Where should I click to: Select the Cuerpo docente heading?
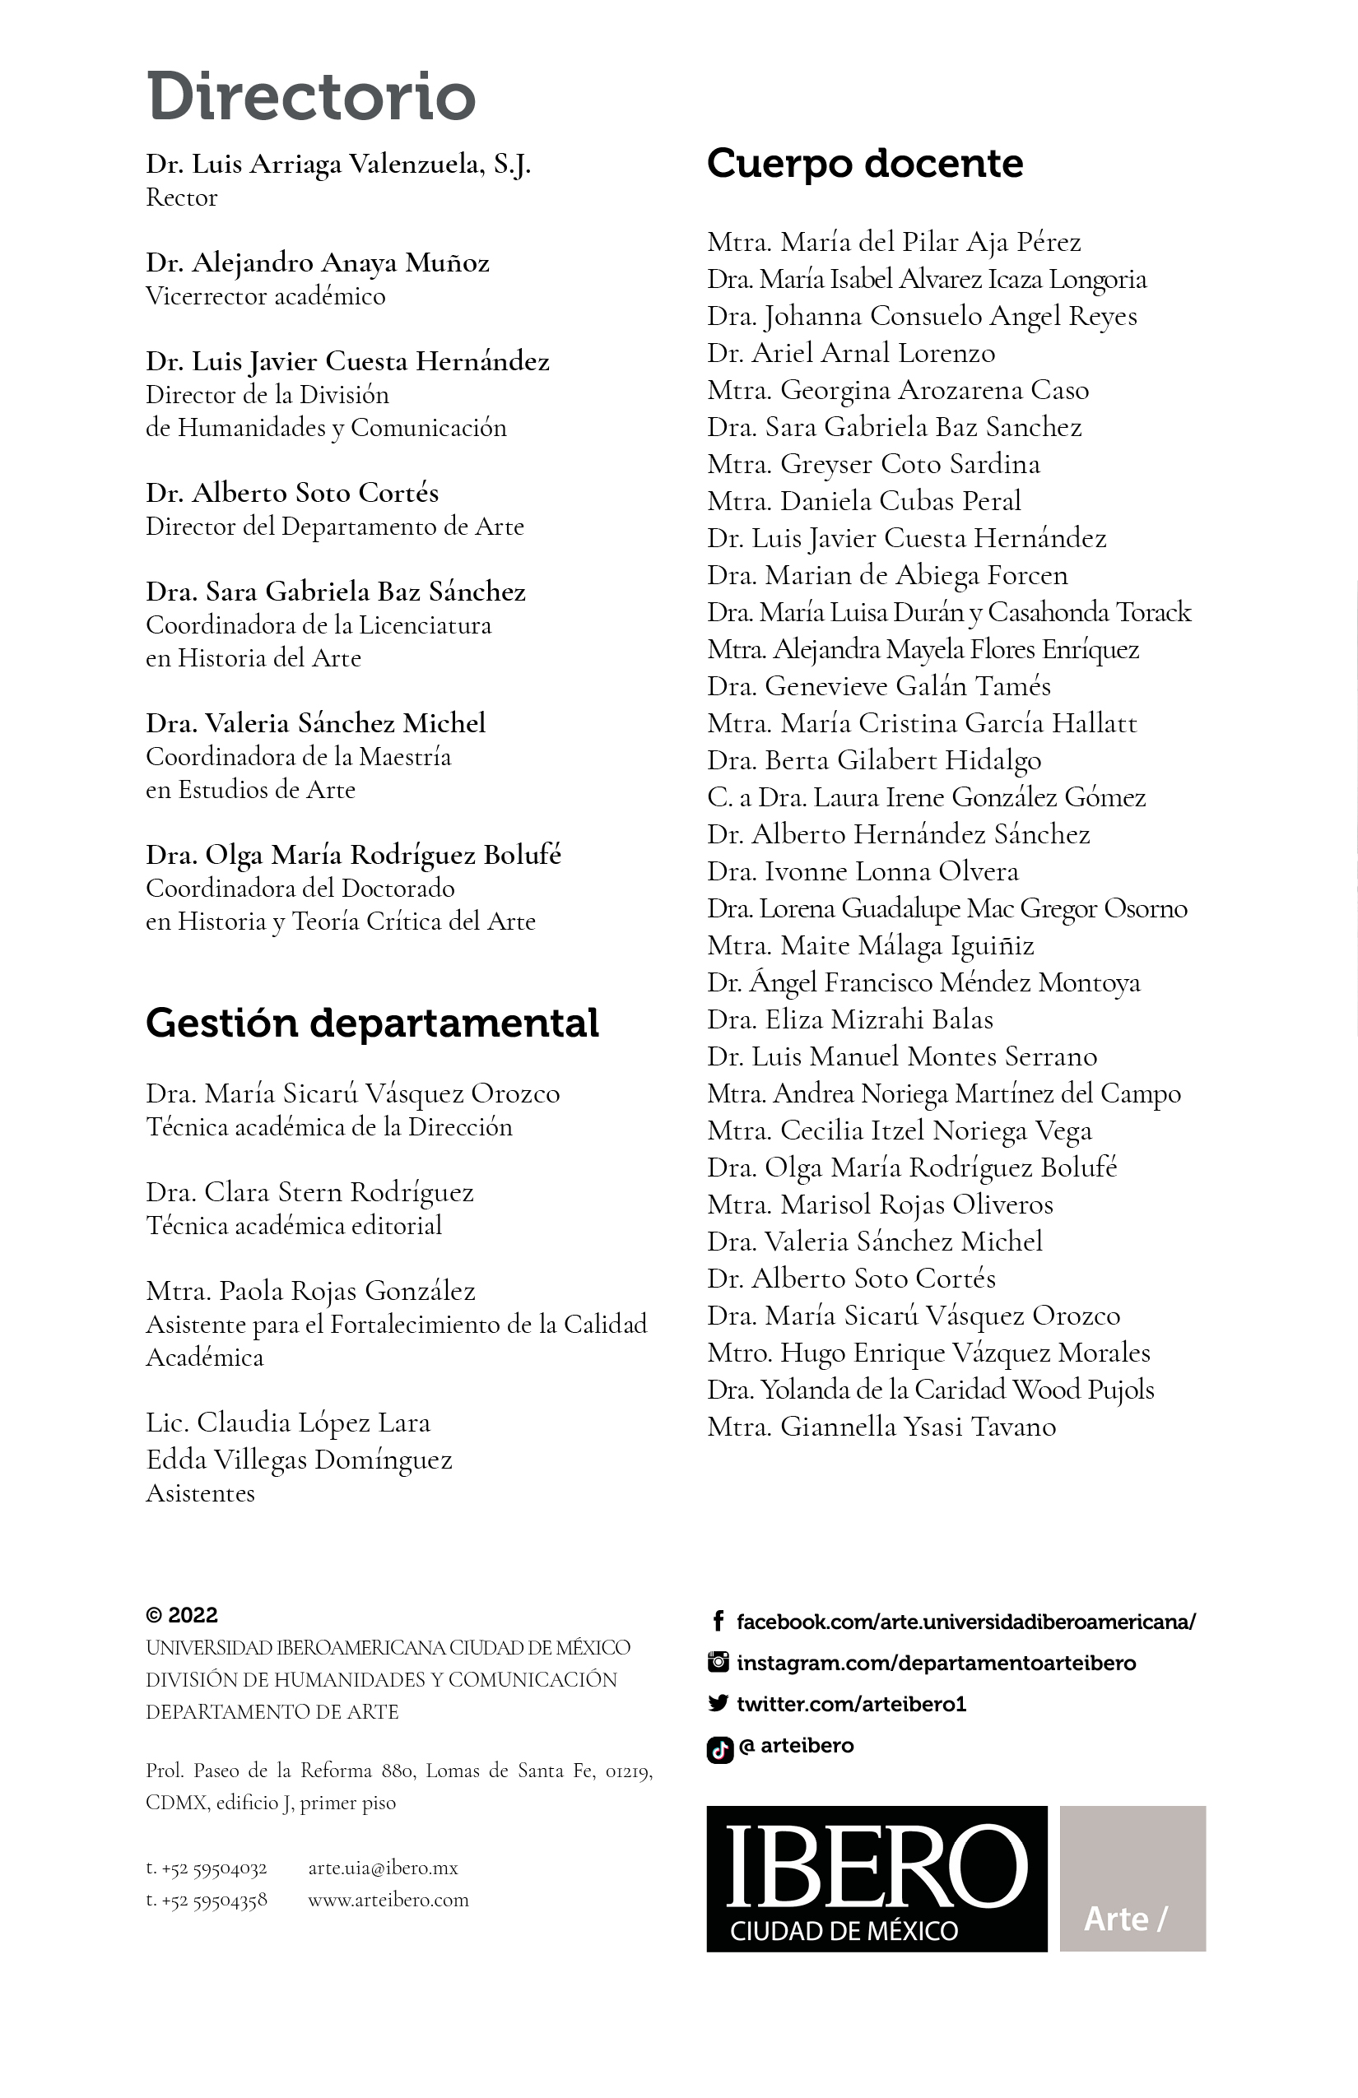pyautogui.click(x=864, y=164)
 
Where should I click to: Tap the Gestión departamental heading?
pyautogui.click(x=371, y=1023)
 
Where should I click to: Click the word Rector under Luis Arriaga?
pyautogui.click(x=182, y=197)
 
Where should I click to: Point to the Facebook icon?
pyautogui.click(x=718, y=1621)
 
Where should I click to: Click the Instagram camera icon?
pyautogui.click(x=719, y=1662)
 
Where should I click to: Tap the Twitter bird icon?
pyautogui.click(x=718, y=1703)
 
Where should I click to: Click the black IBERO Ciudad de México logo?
pyautogui.click(x=877, y=1878)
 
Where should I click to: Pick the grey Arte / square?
pyautogui.click(x=1132, y=1878)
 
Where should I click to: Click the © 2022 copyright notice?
pyautogui.click(x=182, y=1615)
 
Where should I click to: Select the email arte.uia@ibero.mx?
pyautogui.click(x=383, y=1867)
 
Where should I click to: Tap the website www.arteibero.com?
pyautogui.click(x=388, y=1900)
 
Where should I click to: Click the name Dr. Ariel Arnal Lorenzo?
pyautogui.click(x=851, y=354)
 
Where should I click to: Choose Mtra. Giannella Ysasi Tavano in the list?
pyautogui.click(x=881, y=1427)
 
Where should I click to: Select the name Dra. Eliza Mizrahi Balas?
pyautogui.click(x=850, y=1020)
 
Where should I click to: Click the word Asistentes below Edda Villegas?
pyautogui.click(x=200, y=1493)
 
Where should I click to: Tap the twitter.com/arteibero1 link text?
pyautogui.click(x=851, y=1704)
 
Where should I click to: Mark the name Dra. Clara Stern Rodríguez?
pyautogui.click(x=309, y=1193)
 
